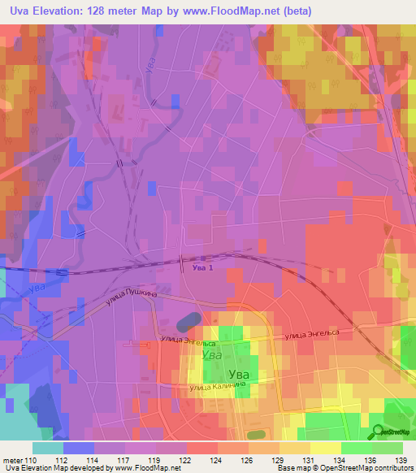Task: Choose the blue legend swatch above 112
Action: (x=78, y=448)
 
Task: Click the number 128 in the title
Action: (x=93, y=11)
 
